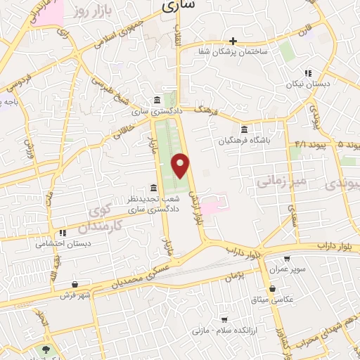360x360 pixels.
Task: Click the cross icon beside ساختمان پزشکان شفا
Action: click(x=233, y=41)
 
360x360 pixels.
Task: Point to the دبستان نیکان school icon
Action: click(x=307, y=72)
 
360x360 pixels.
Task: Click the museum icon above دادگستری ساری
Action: click(x=156, y=101)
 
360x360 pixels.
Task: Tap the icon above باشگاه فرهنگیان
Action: click(x=244, y=129)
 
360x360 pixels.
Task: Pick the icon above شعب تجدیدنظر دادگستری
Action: click(x=153, y=186)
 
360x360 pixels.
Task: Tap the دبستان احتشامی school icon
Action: click(x=63, y=233)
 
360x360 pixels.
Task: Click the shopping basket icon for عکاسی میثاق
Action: click(x=272, y=288)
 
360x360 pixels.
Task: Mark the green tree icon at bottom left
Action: click(x=47, y=349)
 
